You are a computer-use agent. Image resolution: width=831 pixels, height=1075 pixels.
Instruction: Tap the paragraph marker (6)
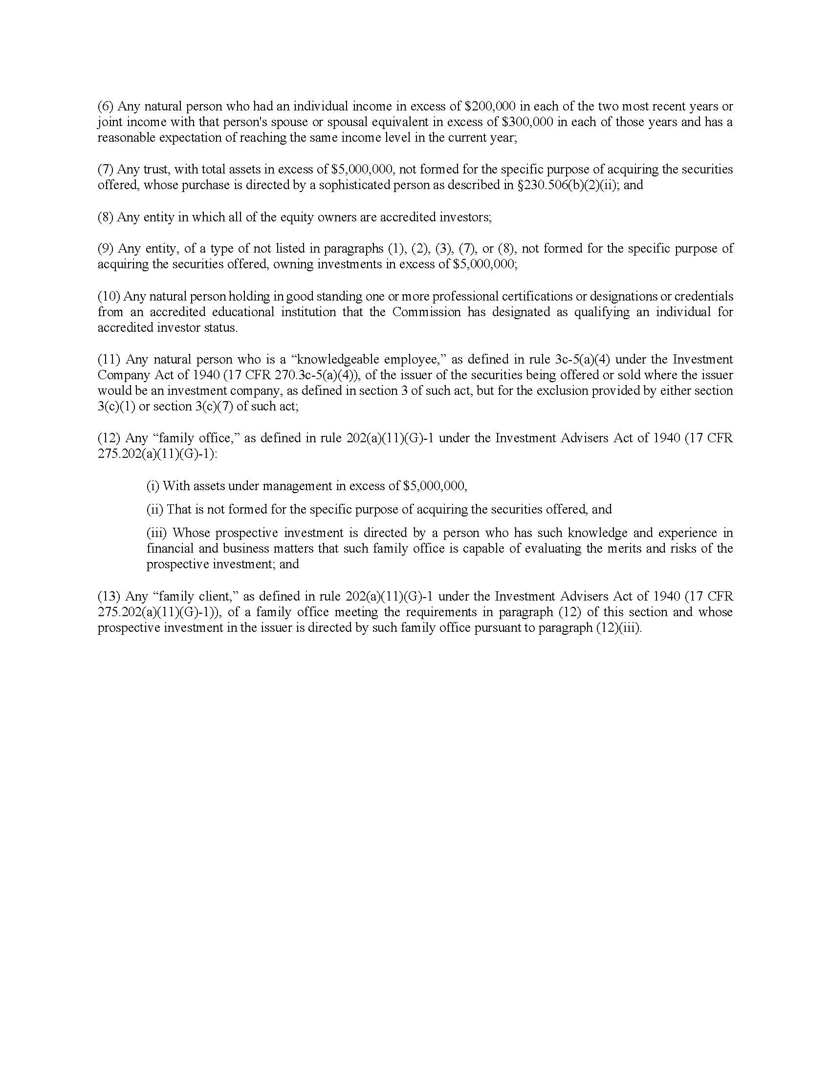[106, 107]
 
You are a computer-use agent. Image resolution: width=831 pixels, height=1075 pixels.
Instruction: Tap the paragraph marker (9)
[106, 249]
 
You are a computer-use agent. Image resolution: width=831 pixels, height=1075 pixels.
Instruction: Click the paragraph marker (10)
[109, 296]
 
